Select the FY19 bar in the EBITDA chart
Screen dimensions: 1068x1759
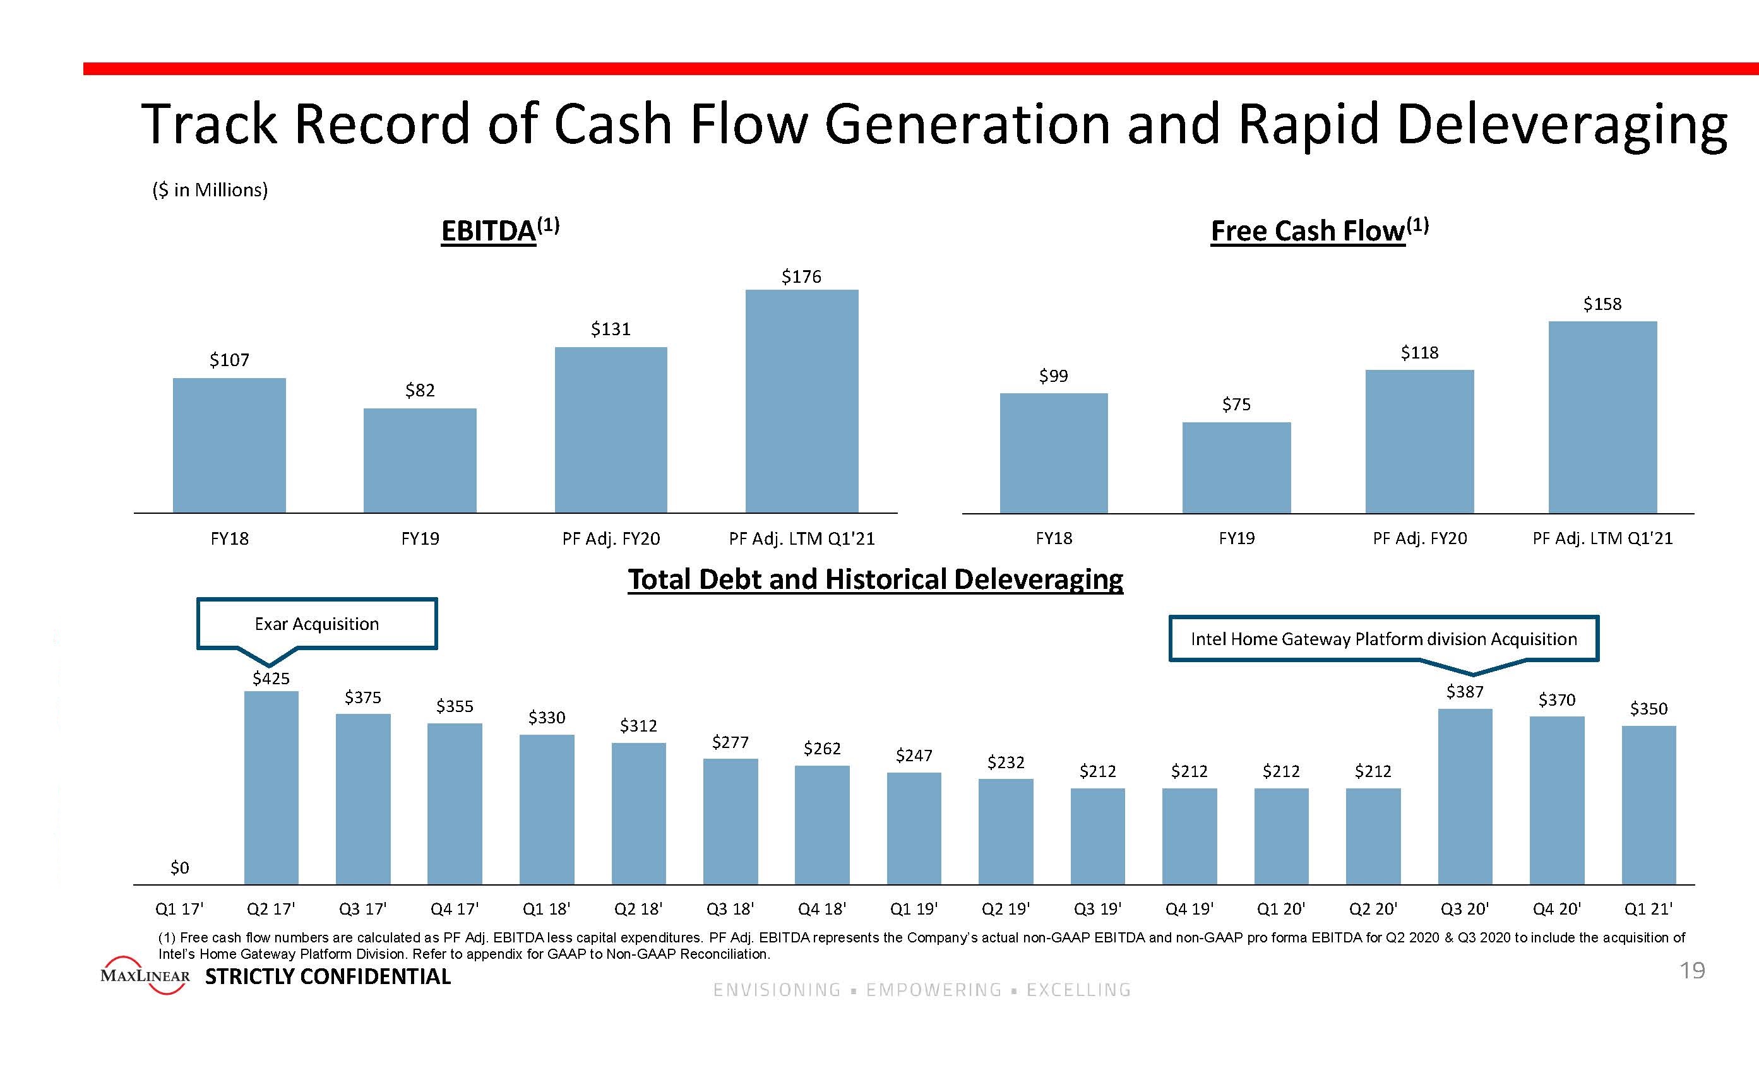pos(420,461)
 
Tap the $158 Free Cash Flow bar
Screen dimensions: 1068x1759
pos(1602,417)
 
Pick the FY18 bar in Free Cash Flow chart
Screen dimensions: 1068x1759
pos(1054,453)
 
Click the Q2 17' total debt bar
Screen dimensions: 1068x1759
pos(271,788)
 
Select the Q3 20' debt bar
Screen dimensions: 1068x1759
pos(1465,796)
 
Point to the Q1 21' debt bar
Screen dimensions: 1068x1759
pos(1649,805)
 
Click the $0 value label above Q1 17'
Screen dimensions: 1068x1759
pos(180,867)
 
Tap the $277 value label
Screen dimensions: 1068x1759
pos(730,742)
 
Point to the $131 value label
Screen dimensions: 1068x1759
pos(611,329)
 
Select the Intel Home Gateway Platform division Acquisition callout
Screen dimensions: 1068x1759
pos(1383,639)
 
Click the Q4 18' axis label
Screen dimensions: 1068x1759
pos(821,909)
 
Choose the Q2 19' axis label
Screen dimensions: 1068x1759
pos(1005,909)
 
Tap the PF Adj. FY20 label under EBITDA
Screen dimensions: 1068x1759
pos(611,538)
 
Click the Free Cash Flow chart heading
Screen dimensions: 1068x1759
pos(1320,230)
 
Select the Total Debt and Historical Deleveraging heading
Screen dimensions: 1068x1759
pos(875,579)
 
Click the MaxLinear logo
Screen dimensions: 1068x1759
pos(146,975)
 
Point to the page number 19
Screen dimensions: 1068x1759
pos(1692,971)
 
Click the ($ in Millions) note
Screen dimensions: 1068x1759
pos(210,190)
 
